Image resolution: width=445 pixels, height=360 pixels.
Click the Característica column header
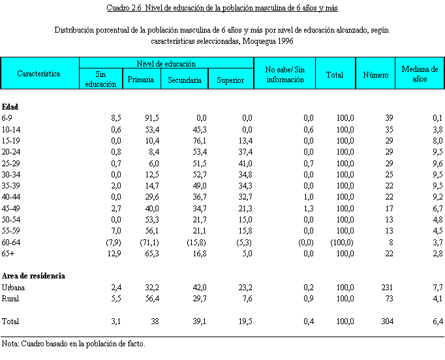click(39, 74)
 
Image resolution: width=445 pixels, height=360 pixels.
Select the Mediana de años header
click(420, 74)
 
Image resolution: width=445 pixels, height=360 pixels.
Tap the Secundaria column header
click(185, 80)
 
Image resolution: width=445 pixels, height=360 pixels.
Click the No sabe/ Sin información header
click(285, 74)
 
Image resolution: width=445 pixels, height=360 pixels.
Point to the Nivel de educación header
click(166, 64)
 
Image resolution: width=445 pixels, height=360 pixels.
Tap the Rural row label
click(11, 298)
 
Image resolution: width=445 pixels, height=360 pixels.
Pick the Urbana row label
click(14, 288)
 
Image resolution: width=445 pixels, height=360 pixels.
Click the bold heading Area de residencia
click(33, 276)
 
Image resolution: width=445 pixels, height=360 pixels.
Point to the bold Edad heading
click(10, 106)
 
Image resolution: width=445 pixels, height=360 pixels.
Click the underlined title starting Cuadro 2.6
click(222, 8)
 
